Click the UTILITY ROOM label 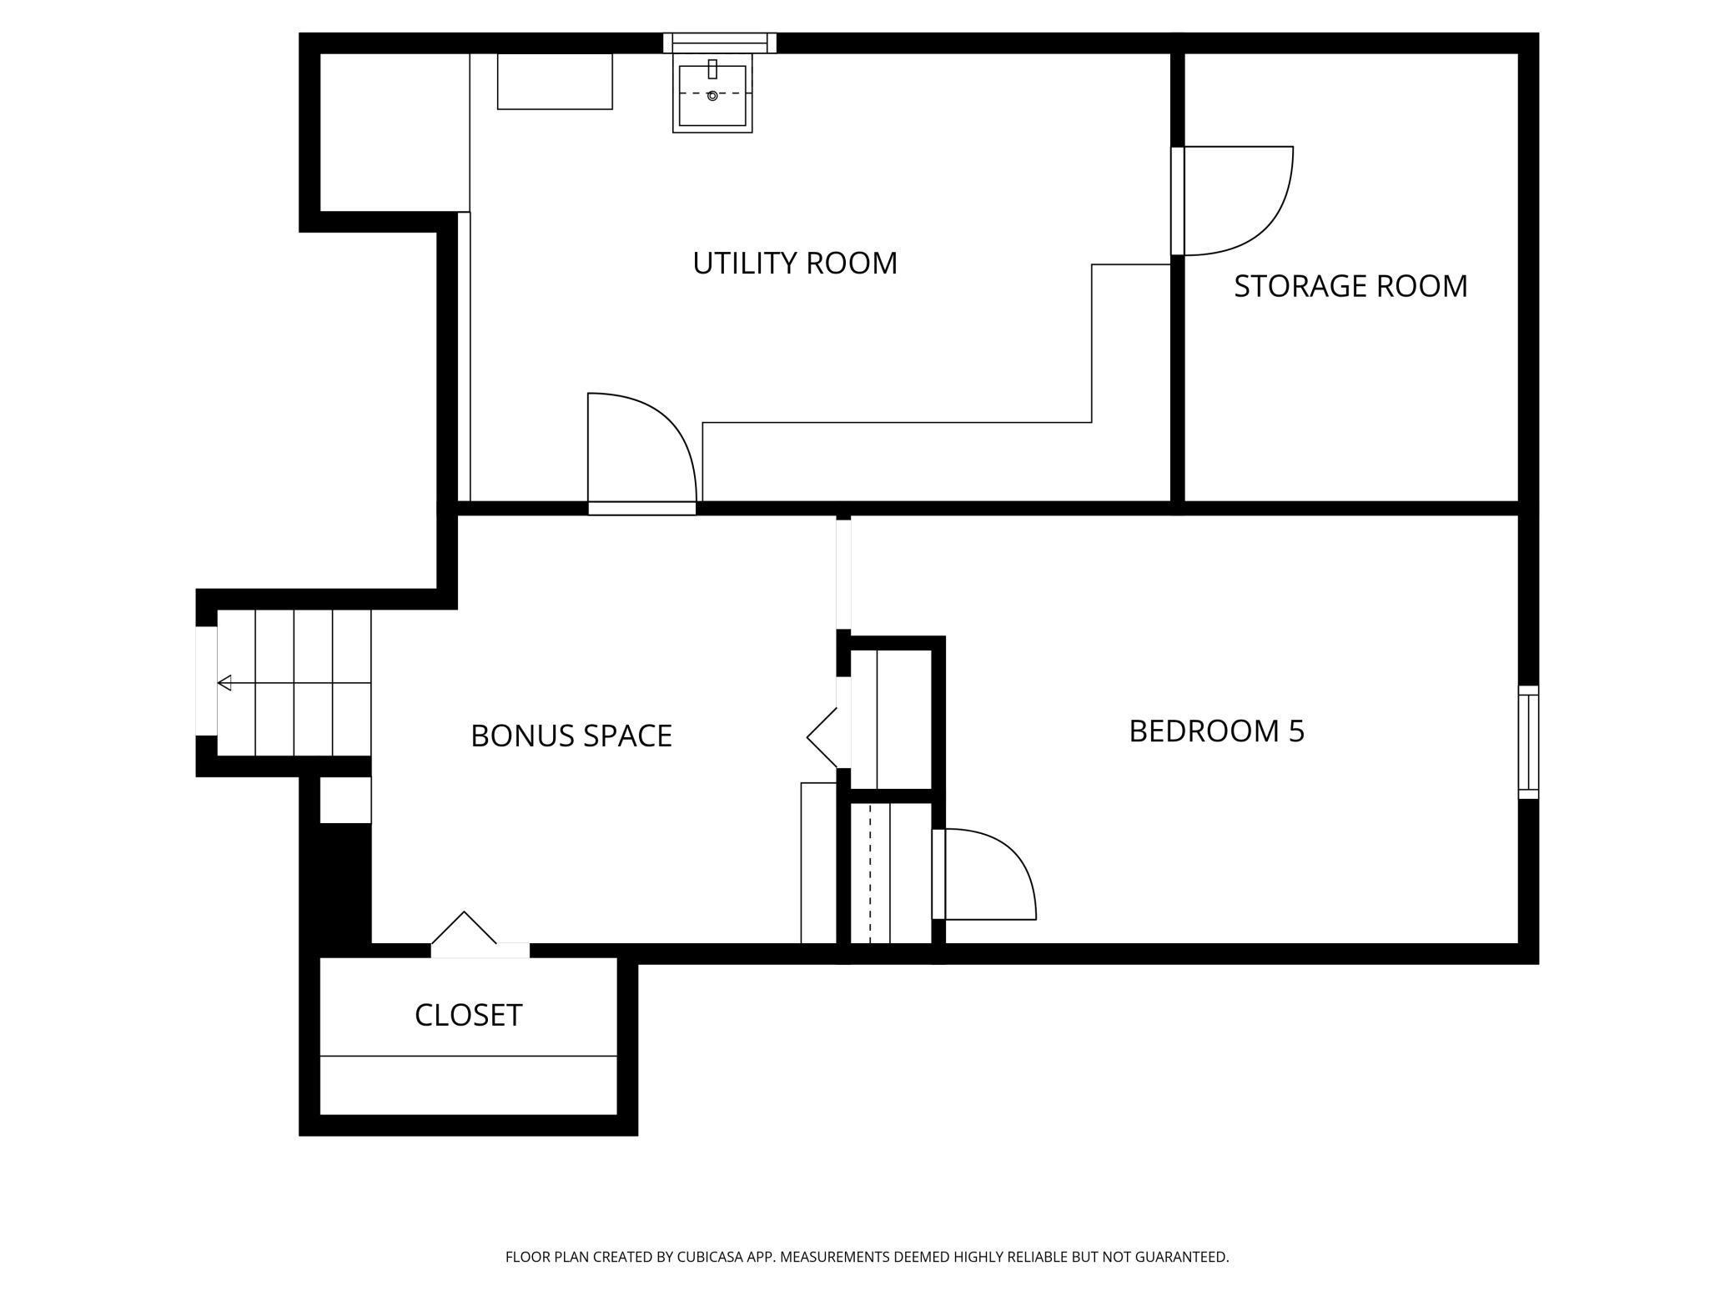tap(795, 264)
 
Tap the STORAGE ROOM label tap(1350, 286)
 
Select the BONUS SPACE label tap(571, 736)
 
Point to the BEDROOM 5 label tap(1216, 731)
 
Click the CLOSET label tap(468, 1015)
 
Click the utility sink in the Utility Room tap(712, 93)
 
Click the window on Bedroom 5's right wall tap(1528, 742)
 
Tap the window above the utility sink tap(720, 43)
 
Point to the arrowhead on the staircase tap(224, 683)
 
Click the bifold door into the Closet tap(480, 934)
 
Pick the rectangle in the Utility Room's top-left tap(555, 81)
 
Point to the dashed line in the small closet tap(870, 873)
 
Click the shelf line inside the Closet tap(468, 1056)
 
